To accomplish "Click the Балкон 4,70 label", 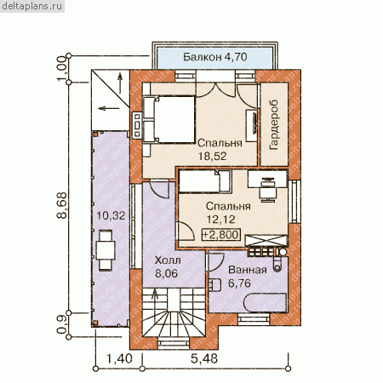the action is coord(214,57).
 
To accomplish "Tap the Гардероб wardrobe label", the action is coord(274,125).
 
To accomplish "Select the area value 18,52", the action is coord(212,157).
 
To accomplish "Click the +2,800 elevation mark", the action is coord(220,235).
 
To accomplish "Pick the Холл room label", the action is coord(168,260).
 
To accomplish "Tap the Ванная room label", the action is coord(248,270).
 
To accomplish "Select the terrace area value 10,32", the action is coord(111,216).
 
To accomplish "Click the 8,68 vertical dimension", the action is coord(62,205).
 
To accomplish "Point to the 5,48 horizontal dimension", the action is coord(204,358).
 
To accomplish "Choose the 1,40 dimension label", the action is coord(119,358).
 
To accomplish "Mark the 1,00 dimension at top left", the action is coord(61,69).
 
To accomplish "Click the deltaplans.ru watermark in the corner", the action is coord(32,6).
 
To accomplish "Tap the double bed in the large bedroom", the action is coord(169,119).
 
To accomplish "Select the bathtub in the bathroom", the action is coord(265,303).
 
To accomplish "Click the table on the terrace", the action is coord(106,250).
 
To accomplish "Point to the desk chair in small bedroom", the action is coord(267,191).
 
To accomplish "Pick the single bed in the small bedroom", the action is coord(205,181).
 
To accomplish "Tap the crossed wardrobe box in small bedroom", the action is coord(266,241).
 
